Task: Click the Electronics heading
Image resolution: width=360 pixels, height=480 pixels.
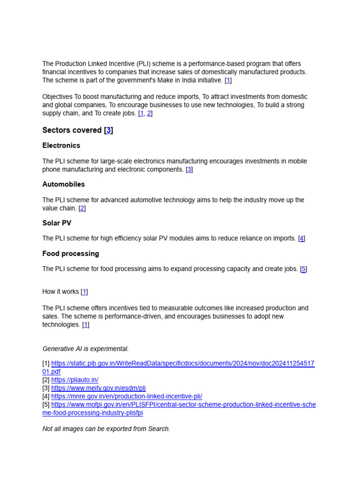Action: click(61, 145)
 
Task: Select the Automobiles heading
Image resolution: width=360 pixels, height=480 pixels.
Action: click(63, 184)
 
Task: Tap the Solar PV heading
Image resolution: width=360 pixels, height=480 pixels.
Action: click(57, 223)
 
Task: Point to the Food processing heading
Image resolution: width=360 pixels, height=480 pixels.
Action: click(70, 254)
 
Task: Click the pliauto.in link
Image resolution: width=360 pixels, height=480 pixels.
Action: click(75, 380)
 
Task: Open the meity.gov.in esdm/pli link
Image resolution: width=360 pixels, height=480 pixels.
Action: click(98, 388)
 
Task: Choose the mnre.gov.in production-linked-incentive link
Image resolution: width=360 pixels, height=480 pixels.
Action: click(127, 396)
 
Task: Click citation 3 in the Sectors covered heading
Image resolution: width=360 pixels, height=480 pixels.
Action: click(108, 130)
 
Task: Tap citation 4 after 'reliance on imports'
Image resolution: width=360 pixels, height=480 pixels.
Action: click(302, 238)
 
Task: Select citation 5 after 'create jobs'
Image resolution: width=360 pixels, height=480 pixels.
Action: click(304, 269)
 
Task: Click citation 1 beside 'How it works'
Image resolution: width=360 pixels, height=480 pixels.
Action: click(84, 292)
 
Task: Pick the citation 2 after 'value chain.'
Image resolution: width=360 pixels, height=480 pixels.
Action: click(82, 208)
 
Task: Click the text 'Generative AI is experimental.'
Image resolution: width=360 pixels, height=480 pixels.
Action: click(85, 349)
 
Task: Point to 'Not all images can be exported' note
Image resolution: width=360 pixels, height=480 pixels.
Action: click(106, 429)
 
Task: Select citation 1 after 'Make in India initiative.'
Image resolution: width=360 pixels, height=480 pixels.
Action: click(228, 80)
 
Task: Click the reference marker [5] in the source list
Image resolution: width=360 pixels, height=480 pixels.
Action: click(46, 405)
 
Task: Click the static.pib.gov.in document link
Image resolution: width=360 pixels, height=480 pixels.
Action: click(182, 363)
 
